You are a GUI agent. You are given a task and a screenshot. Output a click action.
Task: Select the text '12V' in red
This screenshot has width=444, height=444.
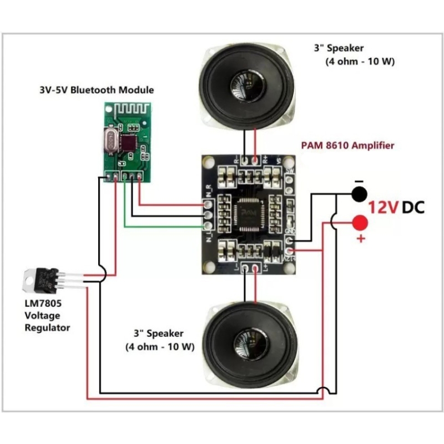tap(383, 208)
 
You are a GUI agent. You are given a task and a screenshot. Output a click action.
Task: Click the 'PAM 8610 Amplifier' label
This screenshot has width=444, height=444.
tap(347, 145)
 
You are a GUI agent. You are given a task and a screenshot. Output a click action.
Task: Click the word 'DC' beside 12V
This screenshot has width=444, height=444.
tap(413, 208)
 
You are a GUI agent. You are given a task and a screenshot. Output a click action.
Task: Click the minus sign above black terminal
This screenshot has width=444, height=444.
tap(359, 181)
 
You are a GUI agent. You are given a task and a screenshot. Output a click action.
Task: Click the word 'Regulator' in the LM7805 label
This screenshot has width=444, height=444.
tap(47, 327)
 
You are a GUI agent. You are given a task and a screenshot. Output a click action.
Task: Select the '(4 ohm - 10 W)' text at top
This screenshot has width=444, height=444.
tap(360, 62)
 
